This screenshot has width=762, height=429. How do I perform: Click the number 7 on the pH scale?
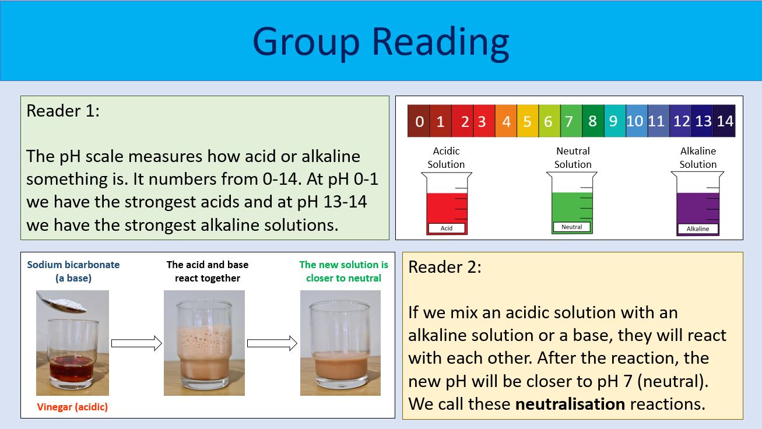(x=570, y=121)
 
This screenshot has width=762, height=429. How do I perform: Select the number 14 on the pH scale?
(x=725, y=121)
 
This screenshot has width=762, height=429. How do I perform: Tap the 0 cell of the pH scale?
(x=419, y=121)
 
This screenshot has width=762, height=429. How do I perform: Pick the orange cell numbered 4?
(x=506, y=121)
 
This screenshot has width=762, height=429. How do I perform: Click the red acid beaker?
(x=447, y=204)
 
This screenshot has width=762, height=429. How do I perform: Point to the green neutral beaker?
(x=572, y=204)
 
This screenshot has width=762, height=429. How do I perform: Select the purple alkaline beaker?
(x=698, y=205)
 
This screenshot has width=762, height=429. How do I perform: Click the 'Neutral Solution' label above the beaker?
(x=573, y=158)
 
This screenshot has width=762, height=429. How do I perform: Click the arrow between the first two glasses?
(x=136, y=343)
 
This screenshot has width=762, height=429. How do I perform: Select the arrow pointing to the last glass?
(x=272, y=343)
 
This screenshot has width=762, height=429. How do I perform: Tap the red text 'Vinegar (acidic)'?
(x=72, y=407)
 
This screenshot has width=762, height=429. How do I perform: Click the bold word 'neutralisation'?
(x=570, y=403)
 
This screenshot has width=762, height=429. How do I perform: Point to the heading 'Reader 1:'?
(x=63, y=111)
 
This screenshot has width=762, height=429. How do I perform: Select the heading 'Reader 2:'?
(x=445, y=267)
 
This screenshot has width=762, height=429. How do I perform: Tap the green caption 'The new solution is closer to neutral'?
(x=343, y=271)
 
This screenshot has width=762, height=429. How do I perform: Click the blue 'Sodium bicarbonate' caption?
(x=73, y=265)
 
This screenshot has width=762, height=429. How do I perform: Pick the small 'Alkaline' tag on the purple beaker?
(x=698, y=228)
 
